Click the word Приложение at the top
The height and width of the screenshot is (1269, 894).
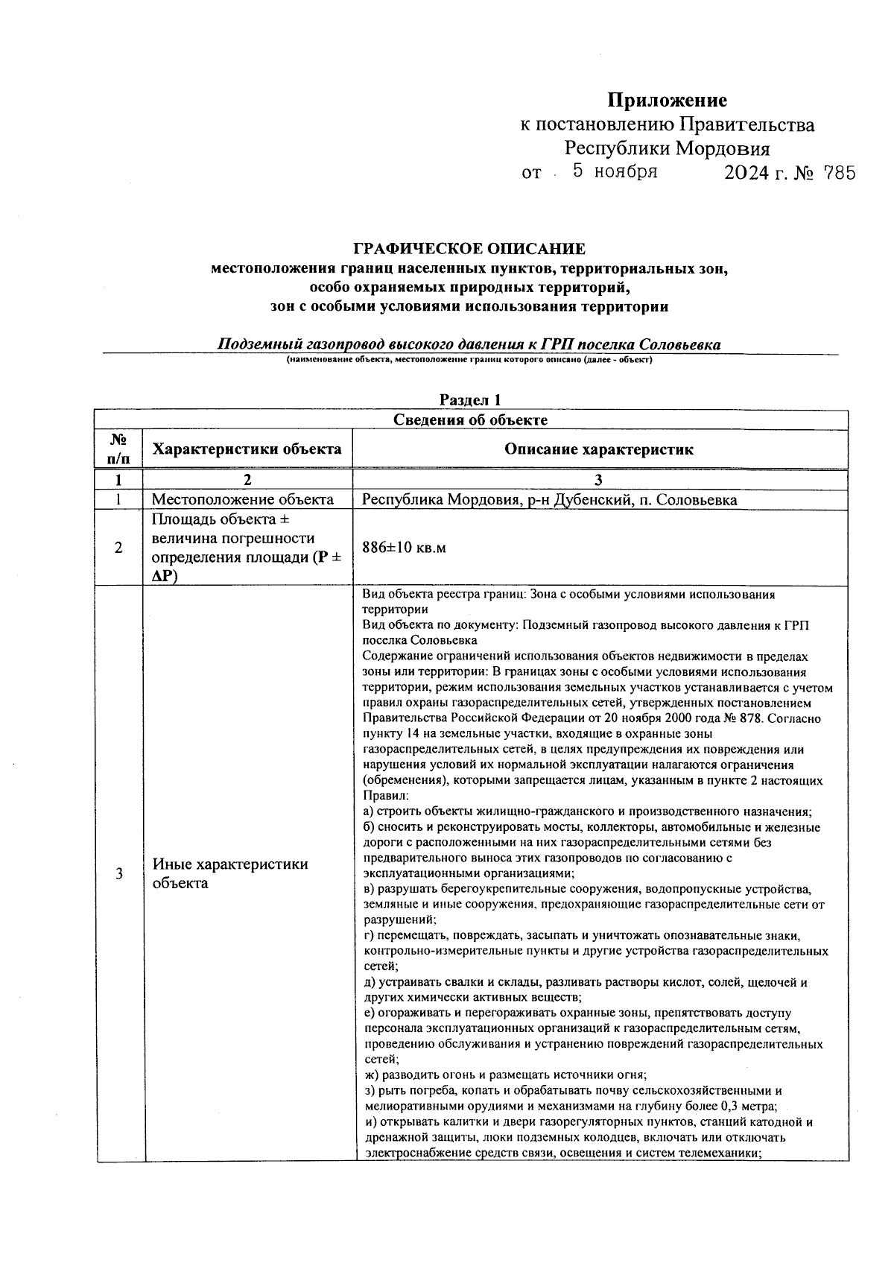667,100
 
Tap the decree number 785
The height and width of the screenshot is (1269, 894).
835,174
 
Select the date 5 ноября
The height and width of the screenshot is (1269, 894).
615,172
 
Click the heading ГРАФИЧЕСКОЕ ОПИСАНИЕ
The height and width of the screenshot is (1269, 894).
469,249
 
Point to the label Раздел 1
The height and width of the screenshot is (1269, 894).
469,400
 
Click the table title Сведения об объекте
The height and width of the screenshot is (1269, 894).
470,420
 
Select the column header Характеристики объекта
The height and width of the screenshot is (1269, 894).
247,449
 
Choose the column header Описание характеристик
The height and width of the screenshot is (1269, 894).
599,449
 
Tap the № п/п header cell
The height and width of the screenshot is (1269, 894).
118,449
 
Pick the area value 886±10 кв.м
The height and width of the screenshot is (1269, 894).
404,548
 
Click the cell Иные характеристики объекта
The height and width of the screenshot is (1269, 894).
230,873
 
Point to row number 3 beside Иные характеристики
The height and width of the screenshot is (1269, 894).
118,873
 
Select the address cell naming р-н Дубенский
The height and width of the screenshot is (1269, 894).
549,499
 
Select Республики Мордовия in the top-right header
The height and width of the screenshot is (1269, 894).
667,148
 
